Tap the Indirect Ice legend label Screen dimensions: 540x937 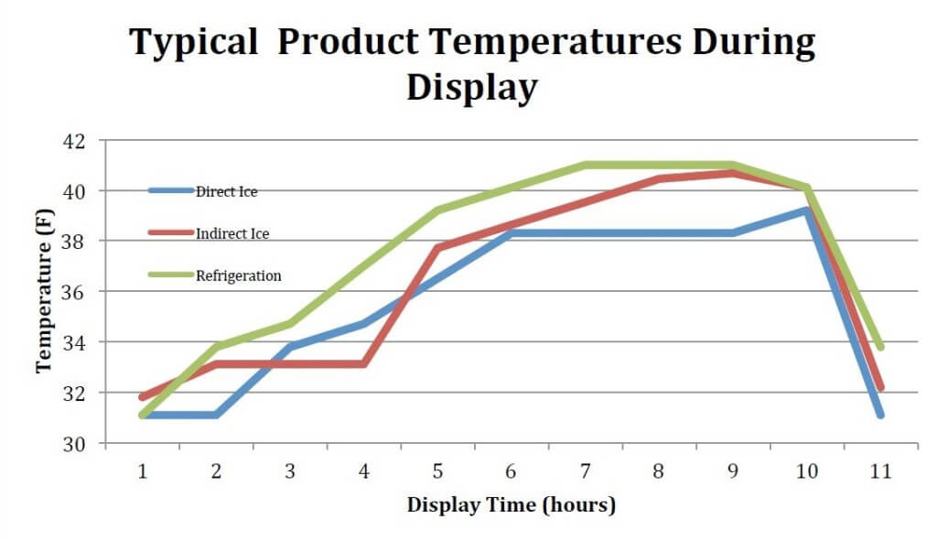232,233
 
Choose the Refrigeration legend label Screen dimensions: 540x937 238,275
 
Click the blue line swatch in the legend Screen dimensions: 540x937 171,191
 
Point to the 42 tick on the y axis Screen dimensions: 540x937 73,141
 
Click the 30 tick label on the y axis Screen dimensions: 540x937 73,444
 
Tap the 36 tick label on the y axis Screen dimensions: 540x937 73,292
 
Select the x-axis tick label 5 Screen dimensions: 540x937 437,470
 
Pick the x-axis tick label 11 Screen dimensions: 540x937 879,470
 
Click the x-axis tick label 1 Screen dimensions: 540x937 143,470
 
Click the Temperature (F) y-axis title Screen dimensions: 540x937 43,291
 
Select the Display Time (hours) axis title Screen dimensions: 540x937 511,504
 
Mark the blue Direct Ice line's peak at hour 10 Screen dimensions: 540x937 806,211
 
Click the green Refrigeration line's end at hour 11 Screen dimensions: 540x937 879,347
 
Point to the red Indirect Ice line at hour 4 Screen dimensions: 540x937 364,364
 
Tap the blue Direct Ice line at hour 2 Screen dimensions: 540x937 217,415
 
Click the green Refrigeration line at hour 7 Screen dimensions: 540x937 585,166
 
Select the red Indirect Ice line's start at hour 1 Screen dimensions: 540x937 143,397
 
